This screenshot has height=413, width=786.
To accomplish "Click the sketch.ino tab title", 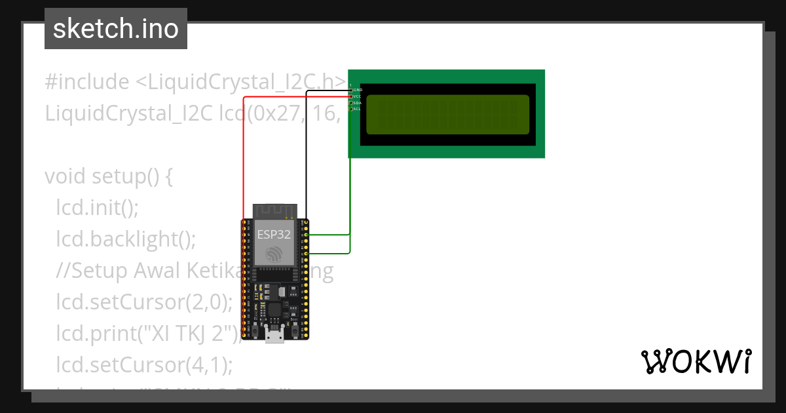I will (115, 29).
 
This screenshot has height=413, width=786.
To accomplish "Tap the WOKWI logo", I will (696, 361).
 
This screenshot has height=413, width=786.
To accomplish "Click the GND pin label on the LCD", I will (358, 90).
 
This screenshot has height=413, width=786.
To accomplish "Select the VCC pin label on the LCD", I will (357, 96).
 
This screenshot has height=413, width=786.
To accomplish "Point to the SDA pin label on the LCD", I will (357, 103).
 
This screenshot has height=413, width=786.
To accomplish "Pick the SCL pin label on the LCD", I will (357, 109).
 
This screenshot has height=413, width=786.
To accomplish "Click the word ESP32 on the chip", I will (274, 235).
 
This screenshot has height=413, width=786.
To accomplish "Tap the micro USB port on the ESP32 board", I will (275, 337).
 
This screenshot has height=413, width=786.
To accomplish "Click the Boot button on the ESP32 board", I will (294, 325).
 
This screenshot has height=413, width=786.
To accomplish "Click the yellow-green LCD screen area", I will (447, 114).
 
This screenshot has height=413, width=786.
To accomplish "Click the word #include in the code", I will (87, 83).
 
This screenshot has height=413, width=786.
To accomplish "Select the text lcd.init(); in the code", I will (98, 208).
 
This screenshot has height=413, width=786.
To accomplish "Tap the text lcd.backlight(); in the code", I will (126, 239).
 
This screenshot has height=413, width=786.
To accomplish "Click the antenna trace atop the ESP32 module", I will (274, 210).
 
